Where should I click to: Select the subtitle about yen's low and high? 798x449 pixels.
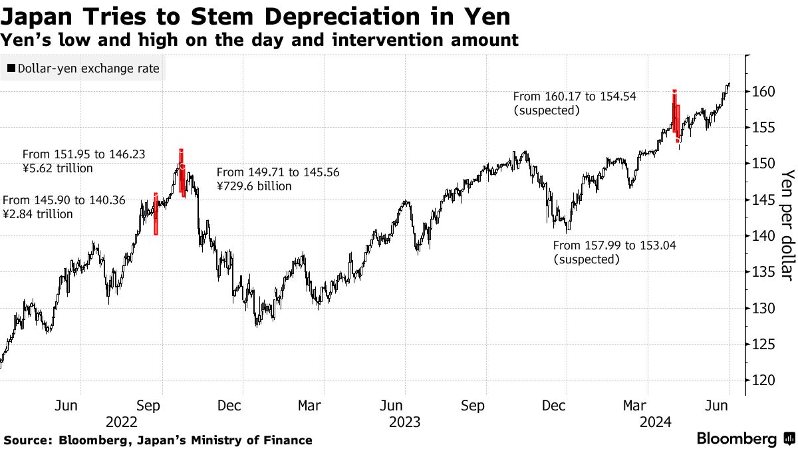(259, 40)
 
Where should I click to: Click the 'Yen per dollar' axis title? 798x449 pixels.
(787, 224)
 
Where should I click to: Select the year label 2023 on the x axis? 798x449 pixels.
(404, 422)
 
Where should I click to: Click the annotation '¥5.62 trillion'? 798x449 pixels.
(58, 168)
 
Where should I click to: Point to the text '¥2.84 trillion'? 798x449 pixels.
(39, 214)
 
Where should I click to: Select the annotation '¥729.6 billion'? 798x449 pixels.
(254, 187)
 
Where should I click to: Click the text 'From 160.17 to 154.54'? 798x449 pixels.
(575, 96)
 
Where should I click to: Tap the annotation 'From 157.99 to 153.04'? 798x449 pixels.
(614, 245)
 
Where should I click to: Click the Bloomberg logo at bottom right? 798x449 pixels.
(745, 439)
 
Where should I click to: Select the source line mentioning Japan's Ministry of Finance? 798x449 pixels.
(158, 440)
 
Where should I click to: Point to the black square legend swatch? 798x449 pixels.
(11, 69)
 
